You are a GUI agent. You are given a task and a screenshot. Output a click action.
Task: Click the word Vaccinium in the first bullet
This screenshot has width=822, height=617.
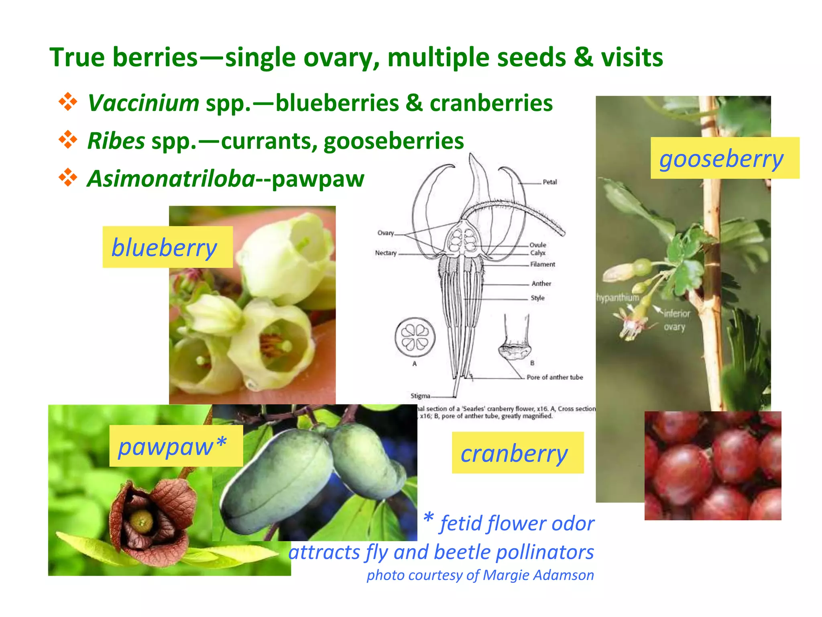tap(143, 103)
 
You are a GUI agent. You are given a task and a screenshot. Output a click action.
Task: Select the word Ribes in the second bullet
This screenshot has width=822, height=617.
tap(116, 141)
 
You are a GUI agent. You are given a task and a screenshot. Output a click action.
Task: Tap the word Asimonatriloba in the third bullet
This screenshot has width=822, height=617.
tap(171, 179)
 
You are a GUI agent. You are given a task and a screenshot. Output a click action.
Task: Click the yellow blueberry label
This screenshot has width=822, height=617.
tap(167, 247)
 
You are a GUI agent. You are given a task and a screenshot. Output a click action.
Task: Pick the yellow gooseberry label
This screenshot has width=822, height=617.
tap(724, 158)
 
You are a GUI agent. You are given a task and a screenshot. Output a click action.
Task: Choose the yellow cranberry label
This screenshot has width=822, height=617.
tap(517, 453)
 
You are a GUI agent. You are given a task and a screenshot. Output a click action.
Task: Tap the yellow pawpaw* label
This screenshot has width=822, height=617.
tap(176, 446)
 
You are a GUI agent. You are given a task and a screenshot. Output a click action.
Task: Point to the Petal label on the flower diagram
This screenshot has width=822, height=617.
tap(549, 182)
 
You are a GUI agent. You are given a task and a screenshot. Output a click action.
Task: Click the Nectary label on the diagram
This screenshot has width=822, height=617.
tap(385, 253)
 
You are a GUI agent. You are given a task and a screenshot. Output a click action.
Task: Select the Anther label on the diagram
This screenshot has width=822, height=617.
tap(541, 284)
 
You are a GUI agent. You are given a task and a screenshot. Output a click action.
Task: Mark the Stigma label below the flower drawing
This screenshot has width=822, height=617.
tap(420, 396)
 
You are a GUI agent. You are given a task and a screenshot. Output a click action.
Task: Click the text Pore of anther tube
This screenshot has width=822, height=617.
tap(554, 377)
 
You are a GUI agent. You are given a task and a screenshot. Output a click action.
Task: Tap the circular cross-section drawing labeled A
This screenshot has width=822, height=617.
tap(415, 337)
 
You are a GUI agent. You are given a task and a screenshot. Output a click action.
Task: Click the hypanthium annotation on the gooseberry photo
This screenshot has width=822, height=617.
tap(617, 298)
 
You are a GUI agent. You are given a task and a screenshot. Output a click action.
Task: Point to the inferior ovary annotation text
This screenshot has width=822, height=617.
tap(676, 320)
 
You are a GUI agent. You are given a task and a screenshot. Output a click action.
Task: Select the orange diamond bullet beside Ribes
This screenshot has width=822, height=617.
tap(68, 140)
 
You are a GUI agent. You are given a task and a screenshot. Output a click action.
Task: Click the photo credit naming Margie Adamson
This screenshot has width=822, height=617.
tap(480, 575)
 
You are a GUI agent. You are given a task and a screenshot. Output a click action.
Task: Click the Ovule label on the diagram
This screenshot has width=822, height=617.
tap(537, 245)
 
